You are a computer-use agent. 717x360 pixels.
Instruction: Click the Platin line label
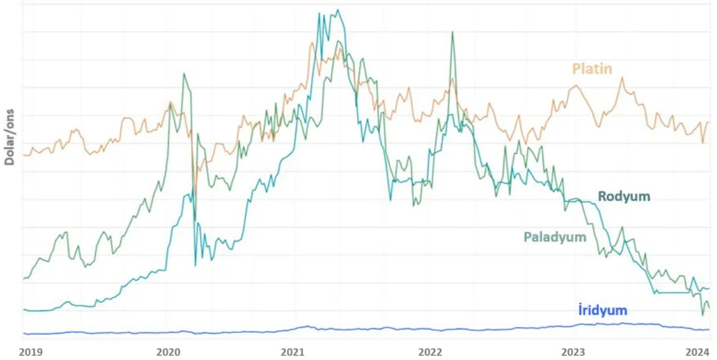591,69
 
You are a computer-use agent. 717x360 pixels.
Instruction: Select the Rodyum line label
624,196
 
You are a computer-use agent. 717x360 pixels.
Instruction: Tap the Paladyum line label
555,237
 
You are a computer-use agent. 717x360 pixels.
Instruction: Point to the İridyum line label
602,310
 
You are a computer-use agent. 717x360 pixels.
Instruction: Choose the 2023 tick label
573,351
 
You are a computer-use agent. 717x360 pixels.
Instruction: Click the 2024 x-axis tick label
698,351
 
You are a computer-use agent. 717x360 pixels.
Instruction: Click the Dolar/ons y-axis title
10,134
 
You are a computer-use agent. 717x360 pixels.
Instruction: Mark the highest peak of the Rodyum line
338,10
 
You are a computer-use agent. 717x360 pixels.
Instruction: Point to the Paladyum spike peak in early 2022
452,32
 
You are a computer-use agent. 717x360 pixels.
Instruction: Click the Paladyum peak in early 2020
183,73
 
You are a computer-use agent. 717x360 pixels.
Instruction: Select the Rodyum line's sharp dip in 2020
195,265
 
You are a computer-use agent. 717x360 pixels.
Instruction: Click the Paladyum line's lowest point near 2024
703,315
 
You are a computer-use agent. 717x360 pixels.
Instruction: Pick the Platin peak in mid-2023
622,78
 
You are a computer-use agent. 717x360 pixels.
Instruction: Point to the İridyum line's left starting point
23,333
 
